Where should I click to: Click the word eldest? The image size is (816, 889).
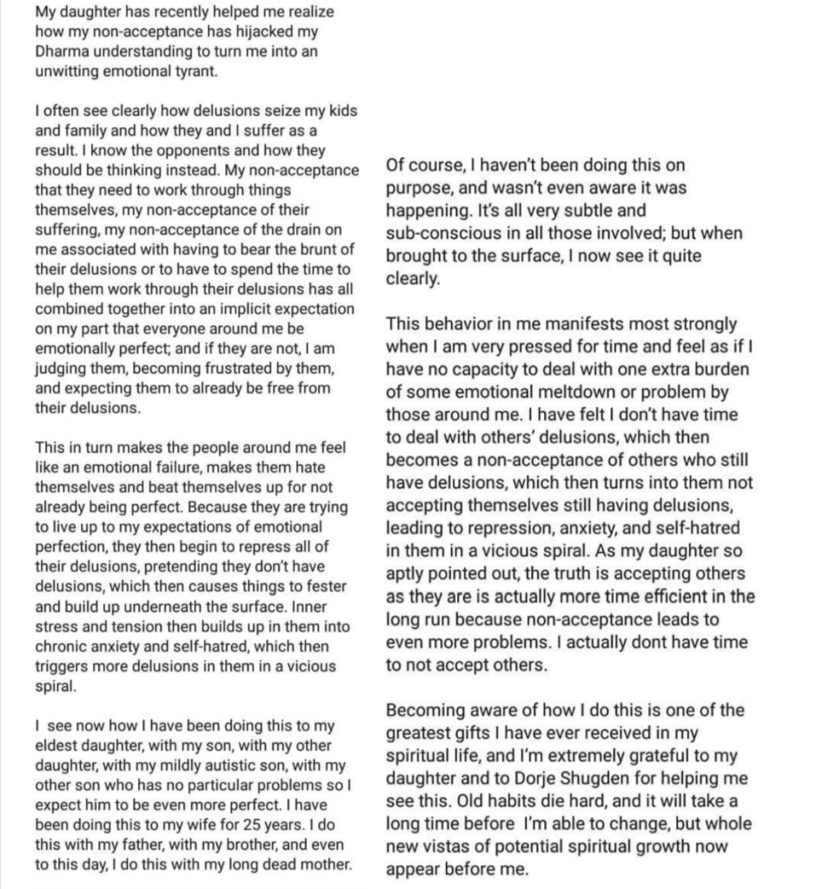click(x=58, y=746)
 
